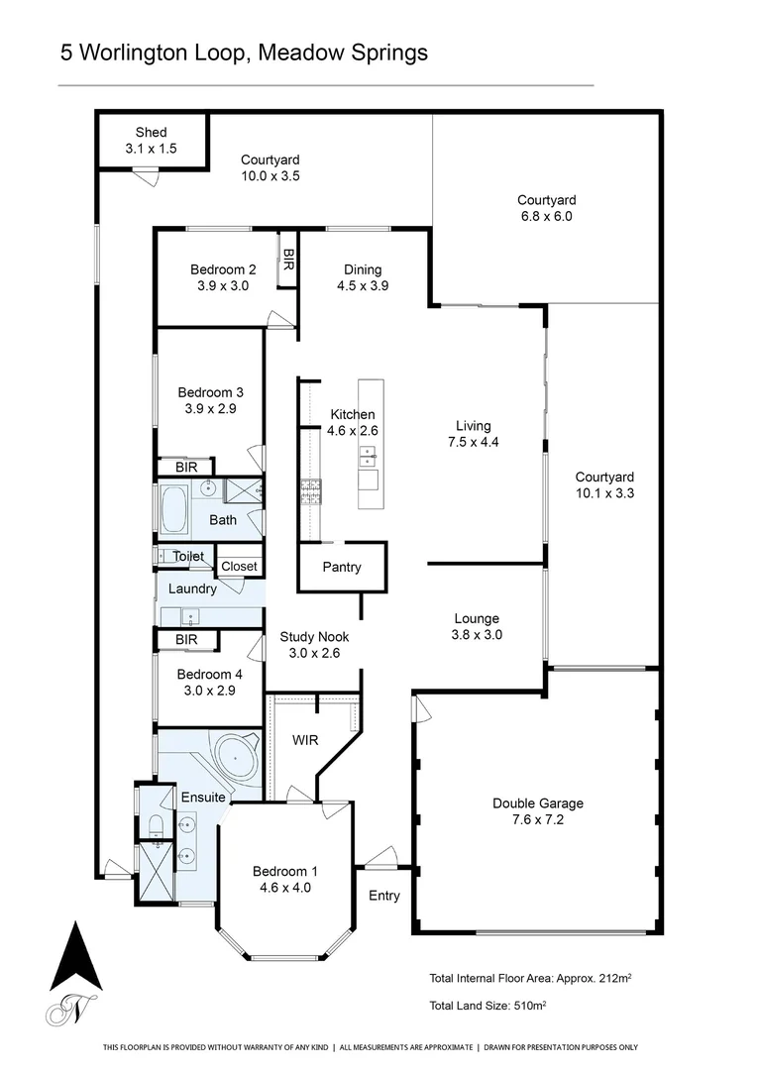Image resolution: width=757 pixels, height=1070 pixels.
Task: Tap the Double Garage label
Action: [x=537, y=803]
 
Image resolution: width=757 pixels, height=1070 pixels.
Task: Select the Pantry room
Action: [x=342, y=568]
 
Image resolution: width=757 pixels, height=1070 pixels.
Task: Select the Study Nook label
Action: [x=314, y=637]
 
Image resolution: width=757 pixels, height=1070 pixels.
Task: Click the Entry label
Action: [x=384, y=896]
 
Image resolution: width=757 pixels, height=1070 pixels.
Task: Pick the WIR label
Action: [x=303, y=740]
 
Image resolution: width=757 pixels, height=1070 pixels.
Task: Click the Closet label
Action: [x=239, y=567]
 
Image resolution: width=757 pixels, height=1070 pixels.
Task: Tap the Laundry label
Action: [x=192, y=588]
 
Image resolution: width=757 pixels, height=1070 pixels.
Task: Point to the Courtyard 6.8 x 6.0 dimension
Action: [x=545, y=216]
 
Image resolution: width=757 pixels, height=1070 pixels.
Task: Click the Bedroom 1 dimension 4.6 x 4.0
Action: [x=281, y=888]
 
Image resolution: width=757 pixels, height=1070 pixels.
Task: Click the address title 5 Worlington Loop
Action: [x=244, y=53]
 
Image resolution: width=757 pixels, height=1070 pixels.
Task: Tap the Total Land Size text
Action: [x=487, y=1006]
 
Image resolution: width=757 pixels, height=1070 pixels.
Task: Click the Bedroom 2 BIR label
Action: [x=288, y=260]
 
